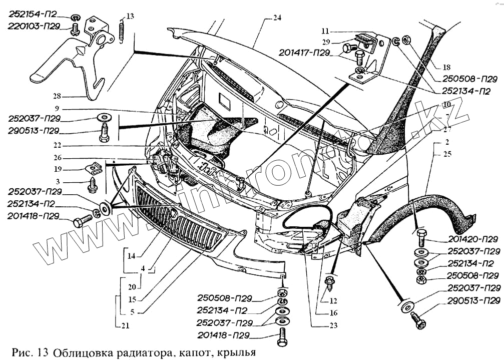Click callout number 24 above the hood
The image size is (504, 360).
tap(277, 18)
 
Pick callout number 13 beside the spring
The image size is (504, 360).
tap(130, 17)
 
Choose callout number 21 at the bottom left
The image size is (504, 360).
tap(124, 326)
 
